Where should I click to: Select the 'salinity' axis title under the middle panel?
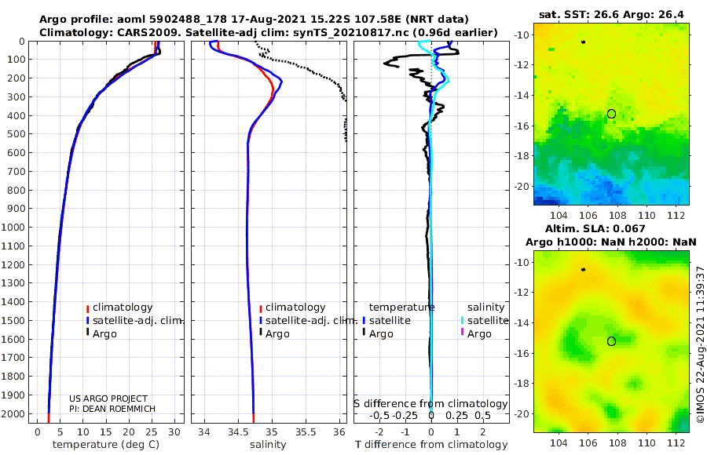point(267,445)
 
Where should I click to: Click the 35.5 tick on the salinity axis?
point(305,431)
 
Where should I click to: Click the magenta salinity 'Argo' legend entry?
point(479,333)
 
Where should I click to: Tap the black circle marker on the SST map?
point(611,114)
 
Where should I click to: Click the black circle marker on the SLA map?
point(611,341)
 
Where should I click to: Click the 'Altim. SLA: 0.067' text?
point(610,228)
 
